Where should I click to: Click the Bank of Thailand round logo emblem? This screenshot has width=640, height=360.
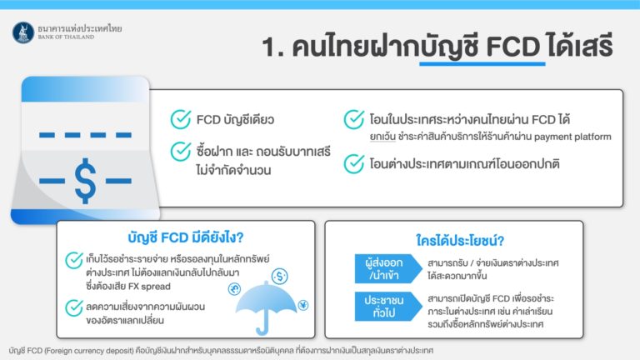coord(23,32)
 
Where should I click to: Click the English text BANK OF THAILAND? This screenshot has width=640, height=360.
coord(66,37)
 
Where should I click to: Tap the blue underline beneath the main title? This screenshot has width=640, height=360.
coord(482,63)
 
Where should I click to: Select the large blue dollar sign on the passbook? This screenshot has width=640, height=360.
coord(85,180)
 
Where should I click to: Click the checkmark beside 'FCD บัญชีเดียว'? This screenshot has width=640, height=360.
coord(181,119)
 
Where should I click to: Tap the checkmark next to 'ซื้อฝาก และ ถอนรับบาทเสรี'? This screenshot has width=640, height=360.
coord(181,152)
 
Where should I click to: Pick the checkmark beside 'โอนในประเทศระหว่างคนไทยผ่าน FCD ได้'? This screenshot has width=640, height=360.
coord(354,119)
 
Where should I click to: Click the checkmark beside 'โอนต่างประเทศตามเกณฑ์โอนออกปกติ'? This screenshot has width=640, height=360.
coord(354,163)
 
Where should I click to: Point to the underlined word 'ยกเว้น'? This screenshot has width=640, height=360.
coord(382,137)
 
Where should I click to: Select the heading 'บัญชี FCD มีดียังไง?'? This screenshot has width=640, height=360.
coord(186,237)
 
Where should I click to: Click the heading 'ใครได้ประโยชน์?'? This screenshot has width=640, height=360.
coord(460,240)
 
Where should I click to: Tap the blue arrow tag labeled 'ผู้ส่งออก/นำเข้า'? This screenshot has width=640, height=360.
coord(387,269)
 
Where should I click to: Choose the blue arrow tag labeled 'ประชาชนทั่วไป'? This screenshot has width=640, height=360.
coord(387,306)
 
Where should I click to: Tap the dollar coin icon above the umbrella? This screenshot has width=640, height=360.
coord(280,277)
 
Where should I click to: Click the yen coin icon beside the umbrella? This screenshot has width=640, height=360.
coord(303,305)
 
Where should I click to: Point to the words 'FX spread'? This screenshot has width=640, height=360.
coord(149,286)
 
